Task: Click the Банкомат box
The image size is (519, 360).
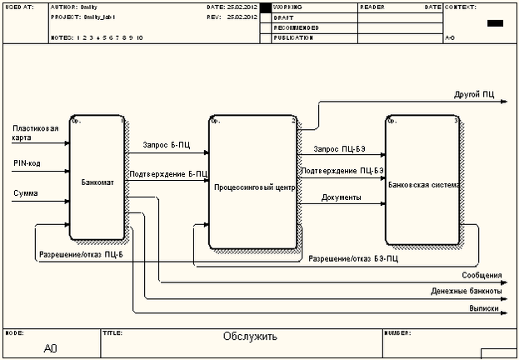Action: [x=97, y=180]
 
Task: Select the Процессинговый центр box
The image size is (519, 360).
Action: [x=254, y=187]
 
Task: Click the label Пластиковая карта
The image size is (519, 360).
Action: [x=35, y=133]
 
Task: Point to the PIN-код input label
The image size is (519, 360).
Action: [x=27, y=163]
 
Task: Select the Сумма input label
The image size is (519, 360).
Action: [x=25, y=193]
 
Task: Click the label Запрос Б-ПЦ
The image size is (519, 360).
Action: [x=167, y=145]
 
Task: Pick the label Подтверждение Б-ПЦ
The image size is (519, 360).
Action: [x=167, y=174]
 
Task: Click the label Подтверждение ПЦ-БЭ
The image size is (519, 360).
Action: [x=342, y=171]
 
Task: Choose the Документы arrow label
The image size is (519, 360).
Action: [x=341, y=197]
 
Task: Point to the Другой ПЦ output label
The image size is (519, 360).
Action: [x=474, y=96]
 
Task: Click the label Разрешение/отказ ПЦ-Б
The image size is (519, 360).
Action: [x=80, y=254]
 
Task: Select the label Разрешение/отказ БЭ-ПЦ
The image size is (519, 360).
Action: [x=353, y=259]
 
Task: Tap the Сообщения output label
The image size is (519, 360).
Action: [x=482, y=275]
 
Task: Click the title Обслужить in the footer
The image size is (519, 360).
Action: [x=250, y=337]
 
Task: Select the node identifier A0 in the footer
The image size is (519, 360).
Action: [x=50, y=347]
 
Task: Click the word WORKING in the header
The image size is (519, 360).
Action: [x=287, y=7]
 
